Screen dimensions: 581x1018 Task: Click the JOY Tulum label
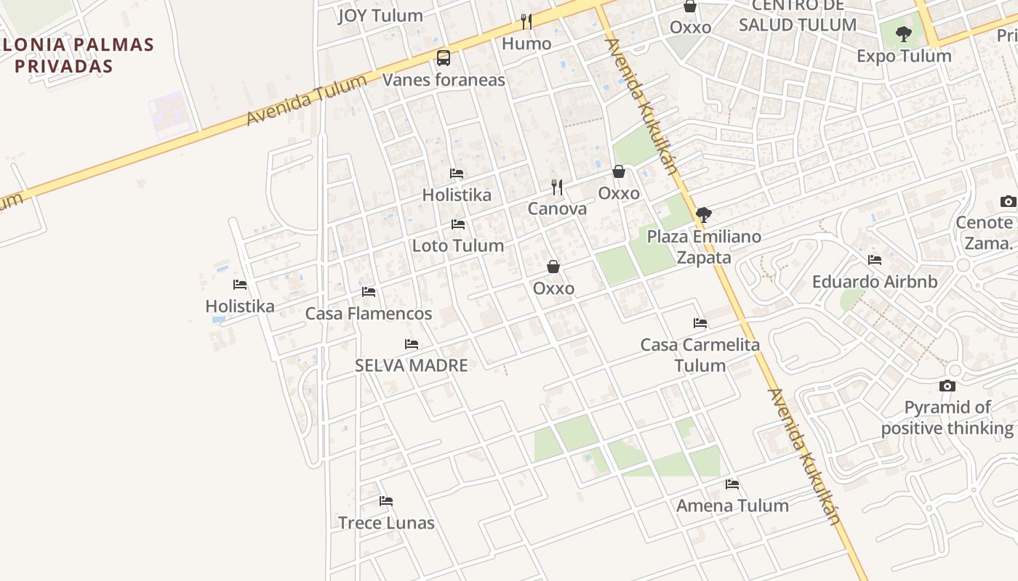pyautogui.click(x=380, y=15)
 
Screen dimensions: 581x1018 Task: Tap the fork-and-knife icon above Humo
pyautogui.click(x=526, y=22)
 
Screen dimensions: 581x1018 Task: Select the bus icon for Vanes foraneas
pyautogui.click(x=443, y=58)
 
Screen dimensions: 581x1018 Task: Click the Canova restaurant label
pyautogui.click(x=557, y=209)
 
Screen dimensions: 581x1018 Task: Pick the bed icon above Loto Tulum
pyautogui.click(x=458, y=224)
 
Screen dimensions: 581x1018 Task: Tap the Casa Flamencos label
pyautogui.click(x=369, y=314)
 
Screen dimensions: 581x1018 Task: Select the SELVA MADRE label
pyautogui.click(x=412, y=365)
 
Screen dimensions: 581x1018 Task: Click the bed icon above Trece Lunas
pyautogui.click(x=386, y=501)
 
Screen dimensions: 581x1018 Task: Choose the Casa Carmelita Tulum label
pyautogui.click(x=700, y=355)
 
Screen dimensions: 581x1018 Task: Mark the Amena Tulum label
pyautogui.click(x=732, y=505)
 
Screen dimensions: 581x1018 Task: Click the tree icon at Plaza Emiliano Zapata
pyautogui.click(x=703, y=215)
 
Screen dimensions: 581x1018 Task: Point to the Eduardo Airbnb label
pyautogui.click(x=875, y=281)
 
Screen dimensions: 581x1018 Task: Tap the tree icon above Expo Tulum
pyautogui.click(x=904, y=33)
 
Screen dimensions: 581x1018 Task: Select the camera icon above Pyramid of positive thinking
pyautogui.click(x=947, y=386)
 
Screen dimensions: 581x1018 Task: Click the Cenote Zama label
pyautogui.click(x=985, y=232)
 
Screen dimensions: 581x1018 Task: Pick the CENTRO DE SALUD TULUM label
pyautogui.click(x=798, y=16)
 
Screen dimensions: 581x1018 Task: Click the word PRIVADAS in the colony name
pyautogui.click(x=64, y=66)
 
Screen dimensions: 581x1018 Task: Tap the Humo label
pyautogui.click(x=526, y=44)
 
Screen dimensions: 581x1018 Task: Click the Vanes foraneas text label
pyautogui.click(x=444, y=80)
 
